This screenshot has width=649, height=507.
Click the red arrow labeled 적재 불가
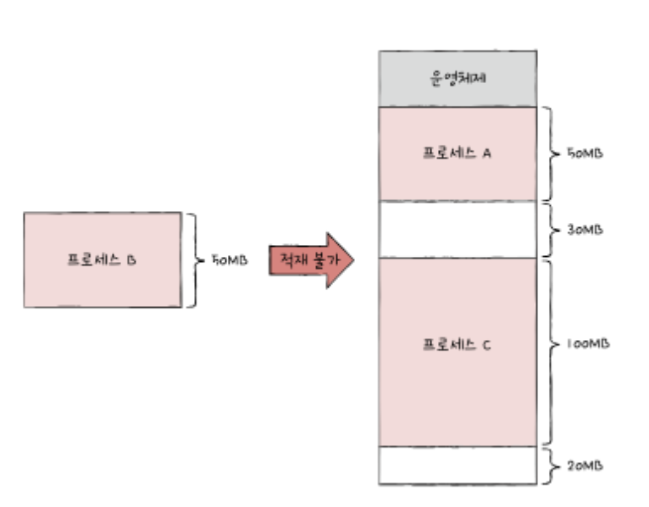pyautogui.click(x=310, y=260)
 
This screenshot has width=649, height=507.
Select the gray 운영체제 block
pyautogui.click(x=458, y=78)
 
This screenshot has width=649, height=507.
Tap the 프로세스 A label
pyautogui.click(x=458, y=154)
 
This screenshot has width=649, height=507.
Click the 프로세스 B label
pyautogui.click(x=102, y=260)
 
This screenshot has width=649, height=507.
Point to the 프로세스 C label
pyautogui.click(x=458, y=346)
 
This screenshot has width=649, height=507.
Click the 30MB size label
pyautogui.click(x=584, y=230)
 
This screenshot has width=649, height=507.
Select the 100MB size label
pyautogui.click(x=587, y=346)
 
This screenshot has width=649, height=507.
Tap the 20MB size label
pyautogui.click(x=584, y=466)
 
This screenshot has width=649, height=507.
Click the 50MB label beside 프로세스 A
pyautogui.click(x=584, y=155)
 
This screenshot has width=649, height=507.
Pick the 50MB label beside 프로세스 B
pyautogui.click(x=230, y=260)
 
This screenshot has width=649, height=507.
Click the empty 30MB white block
pyautogui.click(x=458, y=229)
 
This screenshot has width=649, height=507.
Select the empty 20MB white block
pyautogui.click(x=458, y=465)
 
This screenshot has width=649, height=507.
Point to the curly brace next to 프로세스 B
pyautogui.click(x=192, y=260)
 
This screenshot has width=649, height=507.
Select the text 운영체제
pyautogui.click(x=458, y=78)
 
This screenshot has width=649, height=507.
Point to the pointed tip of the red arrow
pyautogui.click(x=350, y=260)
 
